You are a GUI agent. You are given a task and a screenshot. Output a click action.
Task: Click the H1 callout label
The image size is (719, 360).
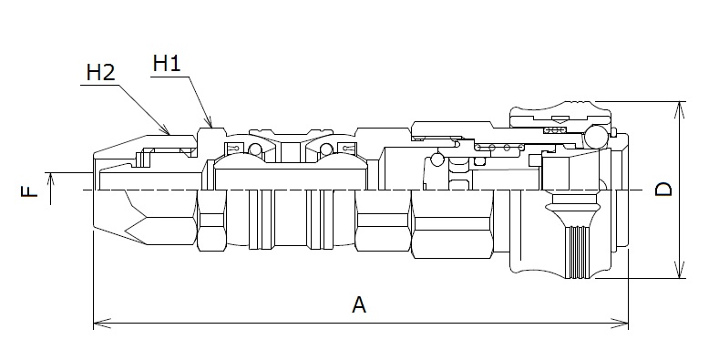point(167,63)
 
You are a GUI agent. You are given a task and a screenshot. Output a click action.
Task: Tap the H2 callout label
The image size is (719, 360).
point(101,73)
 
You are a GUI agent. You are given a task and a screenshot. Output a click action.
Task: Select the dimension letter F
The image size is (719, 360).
point(29,190)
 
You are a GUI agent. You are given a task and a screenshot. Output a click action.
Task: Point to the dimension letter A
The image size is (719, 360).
point(359,304)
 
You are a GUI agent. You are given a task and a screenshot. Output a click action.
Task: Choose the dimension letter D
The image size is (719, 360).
point(663,189)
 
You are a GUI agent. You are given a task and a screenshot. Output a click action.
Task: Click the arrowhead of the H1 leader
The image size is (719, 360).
point(209,121)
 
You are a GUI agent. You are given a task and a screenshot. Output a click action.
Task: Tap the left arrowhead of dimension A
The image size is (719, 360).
point(102,324)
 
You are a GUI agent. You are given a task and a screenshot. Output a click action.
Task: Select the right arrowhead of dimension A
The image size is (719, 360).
point(619,324)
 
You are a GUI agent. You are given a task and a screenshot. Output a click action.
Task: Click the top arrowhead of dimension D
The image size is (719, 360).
point(681,110)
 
